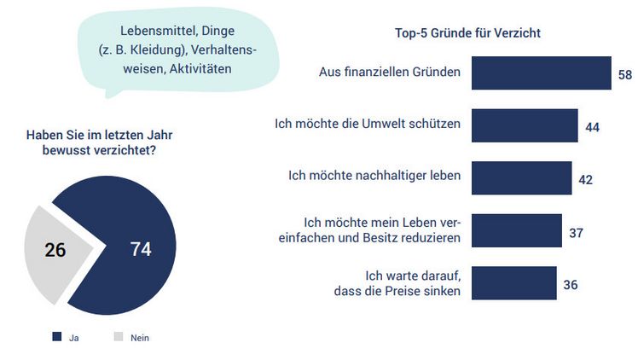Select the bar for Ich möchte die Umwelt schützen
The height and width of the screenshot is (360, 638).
coord(524,125)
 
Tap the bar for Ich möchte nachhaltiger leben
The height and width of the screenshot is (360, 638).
coord(520,177)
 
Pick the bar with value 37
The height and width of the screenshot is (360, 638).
coord(515,230)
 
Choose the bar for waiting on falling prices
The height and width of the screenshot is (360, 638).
coord(513,283)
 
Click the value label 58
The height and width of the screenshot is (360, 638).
coord(625,75)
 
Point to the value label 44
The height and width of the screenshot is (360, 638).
coord(593,126)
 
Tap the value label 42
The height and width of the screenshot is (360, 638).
coord(585,179)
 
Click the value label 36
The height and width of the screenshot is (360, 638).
coord(570,284)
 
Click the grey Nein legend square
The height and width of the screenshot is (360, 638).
coord(119,337)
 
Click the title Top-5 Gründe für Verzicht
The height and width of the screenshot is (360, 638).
coord(468,33)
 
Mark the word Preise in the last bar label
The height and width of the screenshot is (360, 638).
coord(407,291)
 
